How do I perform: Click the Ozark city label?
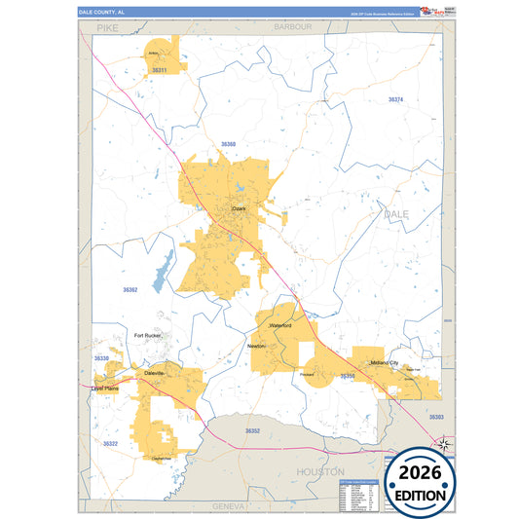(240, 208)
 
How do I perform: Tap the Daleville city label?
(154, 373)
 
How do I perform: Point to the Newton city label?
(256, 346)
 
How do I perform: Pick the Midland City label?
(385, 362)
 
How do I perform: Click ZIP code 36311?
(160, 71)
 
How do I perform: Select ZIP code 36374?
(395, 100)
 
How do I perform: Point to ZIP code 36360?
(228, 144)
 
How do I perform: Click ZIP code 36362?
(130, 290)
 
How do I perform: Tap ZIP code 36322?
(110, 443)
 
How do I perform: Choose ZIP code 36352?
(252, 429)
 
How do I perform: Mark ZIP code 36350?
(348, 375)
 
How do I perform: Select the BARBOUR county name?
(292, 27)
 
